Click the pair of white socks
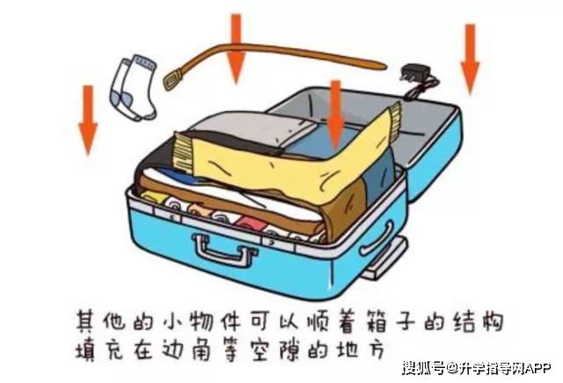134,88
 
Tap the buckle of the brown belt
173,79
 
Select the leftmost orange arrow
88,120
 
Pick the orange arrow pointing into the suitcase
336,114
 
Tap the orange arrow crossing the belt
236,48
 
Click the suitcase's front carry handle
223,250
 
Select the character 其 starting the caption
85,320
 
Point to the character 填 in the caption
85,350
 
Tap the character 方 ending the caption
377,350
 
